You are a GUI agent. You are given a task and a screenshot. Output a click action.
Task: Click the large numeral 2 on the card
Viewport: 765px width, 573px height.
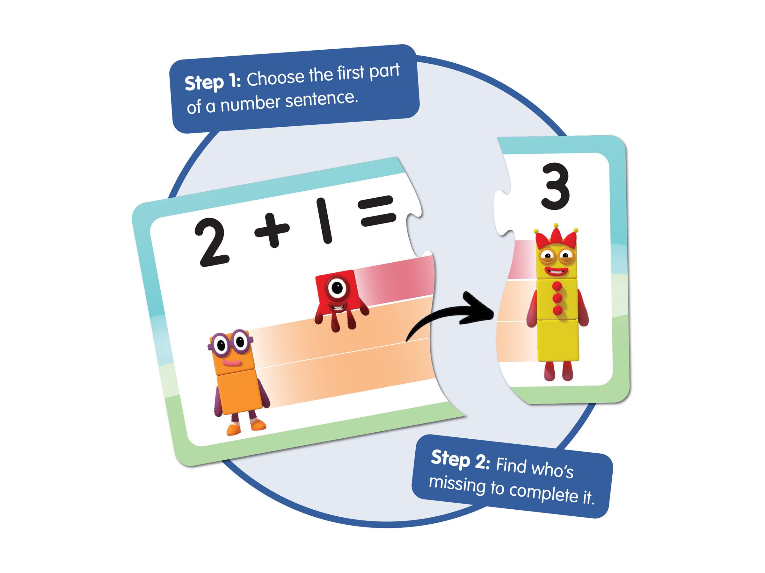[x=212, y=243]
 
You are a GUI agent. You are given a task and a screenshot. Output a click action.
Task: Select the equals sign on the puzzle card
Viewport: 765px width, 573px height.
[x=377, y=211]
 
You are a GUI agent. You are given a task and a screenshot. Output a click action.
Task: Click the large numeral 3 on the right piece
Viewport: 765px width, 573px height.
[x=555, y=187]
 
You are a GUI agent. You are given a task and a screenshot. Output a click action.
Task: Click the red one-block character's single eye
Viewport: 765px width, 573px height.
[x=337, y=287]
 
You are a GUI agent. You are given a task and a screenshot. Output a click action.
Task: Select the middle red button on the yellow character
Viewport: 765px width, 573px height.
[x=557, y=298]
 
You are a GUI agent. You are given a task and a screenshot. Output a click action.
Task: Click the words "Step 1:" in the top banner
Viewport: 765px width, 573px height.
[x=212, y=83]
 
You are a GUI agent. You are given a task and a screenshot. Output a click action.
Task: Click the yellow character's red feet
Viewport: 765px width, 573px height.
[x=558, y=371]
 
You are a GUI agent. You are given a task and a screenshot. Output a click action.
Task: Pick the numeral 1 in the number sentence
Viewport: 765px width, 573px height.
[x=324, y=221]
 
